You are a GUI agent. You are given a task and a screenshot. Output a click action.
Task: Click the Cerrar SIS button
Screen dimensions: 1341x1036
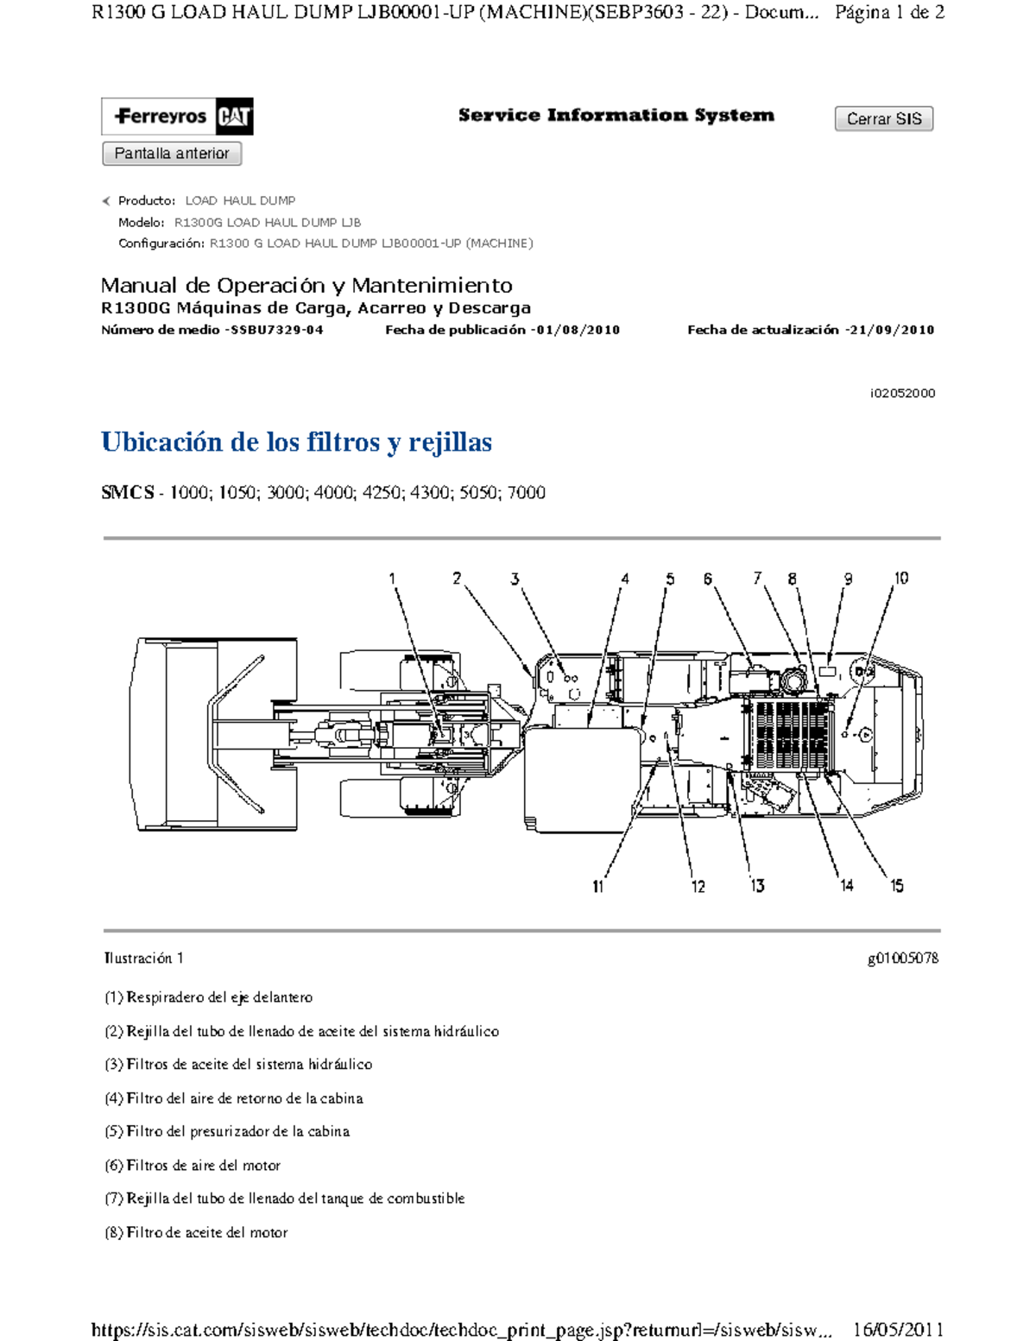point(883,119)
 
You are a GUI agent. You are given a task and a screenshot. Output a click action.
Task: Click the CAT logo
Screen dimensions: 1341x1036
point(233,117)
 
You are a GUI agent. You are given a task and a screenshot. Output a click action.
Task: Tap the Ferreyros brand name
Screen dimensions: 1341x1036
point(161,117)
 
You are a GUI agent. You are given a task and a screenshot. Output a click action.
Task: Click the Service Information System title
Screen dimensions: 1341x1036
point(616,116)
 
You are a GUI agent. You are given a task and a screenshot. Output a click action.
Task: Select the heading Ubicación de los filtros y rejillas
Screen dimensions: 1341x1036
point(296,442)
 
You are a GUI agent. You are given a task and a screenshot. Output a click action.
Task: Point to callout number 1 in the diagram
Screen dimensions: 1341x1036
point(392,579)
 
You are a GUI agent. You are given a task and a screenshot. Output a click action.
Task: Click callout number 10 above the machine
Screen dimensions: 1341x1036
point(900,579)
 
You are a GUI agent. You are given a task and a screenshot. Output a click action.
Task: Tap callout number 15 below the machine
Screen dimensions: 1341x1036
point(897,886)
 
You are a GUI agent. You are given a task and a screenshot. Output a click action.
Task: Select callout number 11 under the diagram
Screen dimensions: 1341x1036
point(597,887)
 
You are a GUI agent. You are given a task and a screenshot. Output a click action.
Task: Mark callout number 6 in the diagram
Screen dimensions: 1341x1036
point(707,579)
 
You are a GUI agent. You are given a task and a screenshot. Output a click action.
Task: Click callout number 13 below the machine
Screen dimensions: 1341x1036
point(757,886)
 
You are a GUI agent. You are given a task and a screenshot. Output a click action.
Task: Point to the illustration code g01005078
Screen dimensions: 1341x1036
point(902,958)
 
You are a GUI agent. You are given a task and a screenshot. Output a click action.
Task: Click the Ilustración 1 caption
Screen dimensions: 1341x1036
point(143,958)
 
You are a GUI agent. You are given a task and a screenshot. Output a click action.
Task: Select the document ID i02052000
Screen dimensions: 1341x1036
point(902,394)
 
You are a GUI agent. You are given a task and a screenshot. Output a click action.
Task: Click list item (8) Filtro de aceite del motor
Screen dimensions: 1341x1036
point(196,1233)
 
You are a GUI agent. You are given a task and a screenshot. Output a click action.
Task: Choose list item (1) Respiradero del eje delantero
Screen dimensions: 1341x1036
point(208,997)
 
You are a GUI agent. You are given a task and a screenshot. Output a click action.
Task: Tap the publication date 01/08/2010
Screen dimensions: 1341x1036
point(576,330)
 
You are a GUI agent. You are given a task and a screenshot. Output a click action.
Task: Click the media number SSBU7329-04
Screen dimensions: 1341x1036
point(275,330)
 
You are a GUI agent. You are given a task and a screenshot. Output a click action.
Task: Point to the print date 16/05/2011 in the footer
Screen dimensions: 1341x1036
point(898,1330)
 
